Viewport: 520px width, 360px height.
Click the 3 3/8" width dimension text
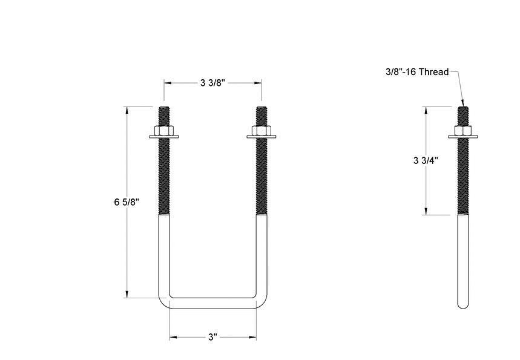pos(212,83)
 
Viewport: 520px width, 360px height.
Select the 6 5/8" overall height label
pos(127,202)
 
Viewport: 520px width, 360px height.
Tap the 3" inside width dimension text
pos(212,337)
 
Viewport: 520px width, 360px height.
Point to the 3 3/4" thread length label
pos(426,160)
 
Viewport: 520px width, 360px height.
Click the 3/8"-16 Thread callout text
pos(417,72)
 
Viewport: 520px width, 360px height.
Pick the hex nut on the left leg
pos(164,131)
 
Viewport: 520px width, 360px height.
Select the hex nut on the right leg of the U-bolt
pos(262,131)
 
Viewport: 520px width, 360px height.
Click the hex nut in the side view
pos(463,131)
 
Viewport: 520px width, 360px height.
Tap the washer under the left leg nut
pos(164,137)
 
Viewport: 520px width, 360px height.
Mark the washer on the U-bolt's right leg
pos(262,137)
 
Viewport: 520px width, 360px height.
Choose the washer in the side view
pos(463,137)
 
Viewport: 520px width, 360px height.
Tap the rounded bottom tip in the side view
pos(463,305)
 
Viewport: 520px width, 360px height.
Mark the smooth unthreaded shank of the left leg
pos(164,254)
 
